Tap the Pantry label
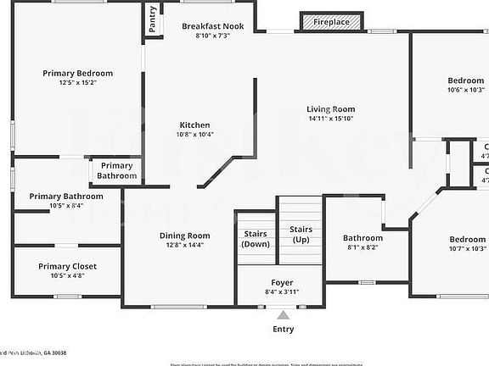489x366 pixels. click(x=153, y=19)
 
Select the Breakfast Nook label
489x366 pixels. click(x=212, y=26)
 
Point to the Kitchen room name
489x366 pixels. click(x=194, y=125)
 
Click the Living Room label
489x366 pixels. click(x=331, y=109)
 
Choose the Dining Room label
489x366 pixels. click(x=185, y=236)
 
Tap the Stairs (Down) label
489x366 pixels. click(x=256, y=238)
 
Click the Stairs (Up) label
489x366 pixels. click(x=301, y=235)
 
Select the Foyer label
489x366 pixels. click(x=283, y=282)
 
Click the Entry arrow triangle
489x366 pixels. click(x=283, y=315)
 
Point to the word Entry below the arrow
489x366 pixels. click(x=283, y=329)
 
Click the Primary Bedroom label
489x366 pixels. click(x=78, y=74)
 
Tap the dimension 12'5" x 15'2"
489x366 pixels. click(x=78, y=83)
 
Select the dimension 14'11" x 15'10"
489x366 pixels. click(x=331, y=119)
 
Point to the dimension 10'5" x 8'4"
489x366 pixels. click(x=65, y=205)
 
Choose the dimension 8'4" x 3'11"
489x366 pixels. click(x=283, y=291)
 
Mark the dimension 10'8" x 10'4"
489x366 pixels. click(x=194, y=134)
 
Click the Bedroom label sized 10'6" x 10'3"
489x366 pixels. click(x=466, y=80)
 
